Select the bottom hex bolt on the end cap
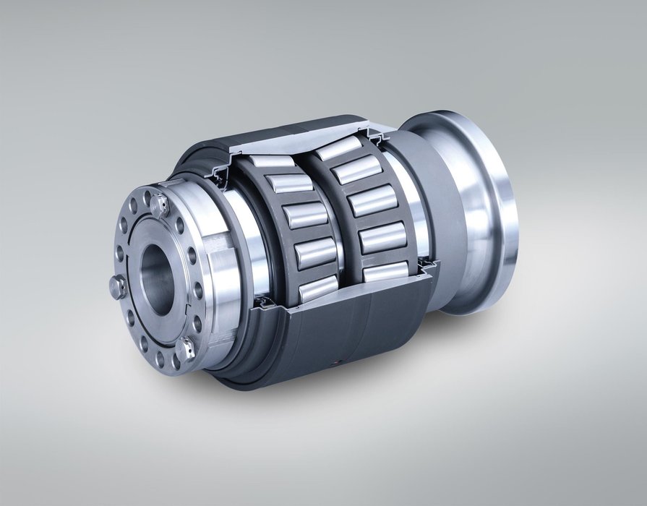click(186, 349)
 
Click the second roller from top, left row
click(289, 184)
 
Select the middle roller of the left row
click(305, 215)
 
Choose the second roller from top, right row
click(356, 171)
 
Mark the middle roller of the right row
click(372, 200)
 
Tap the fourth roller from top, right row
click(383, 236)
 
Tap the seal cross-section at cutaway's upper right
click(379, 136)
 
